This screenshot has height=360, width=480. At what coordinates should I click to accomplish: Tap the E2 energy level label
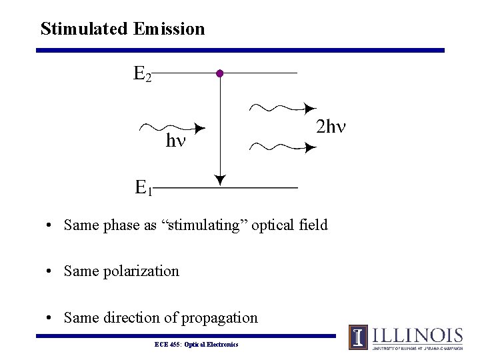(143, 73)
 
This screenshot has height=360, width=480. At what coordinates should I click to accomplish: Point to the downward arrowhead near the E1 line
(219, 179)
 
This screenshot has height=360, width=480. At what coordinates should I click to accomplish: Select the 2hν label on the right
(331, 127)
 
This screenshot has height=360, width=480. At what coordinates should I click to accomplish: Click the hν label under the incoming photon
(175, 141)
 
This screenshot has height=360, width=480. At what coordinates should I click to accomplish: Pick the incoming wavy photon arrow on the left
(171, 127)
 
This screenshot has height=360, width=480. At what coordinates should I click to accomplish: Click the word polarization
(141, 271)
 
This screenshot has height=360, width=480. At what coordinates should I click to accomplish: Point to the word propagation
(221, 318)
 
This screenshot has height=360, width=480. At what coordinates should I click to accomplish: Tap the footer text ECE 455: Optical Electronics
(196, 344)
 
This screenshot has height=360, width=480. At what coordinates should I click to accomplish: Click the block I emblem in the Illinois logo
(358, 337)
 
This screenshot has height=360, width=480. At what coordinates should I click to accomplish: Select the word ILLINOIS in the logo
(417, 335)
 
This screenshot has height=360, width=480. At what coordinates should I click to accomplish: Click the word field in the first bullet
(313, 225)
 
